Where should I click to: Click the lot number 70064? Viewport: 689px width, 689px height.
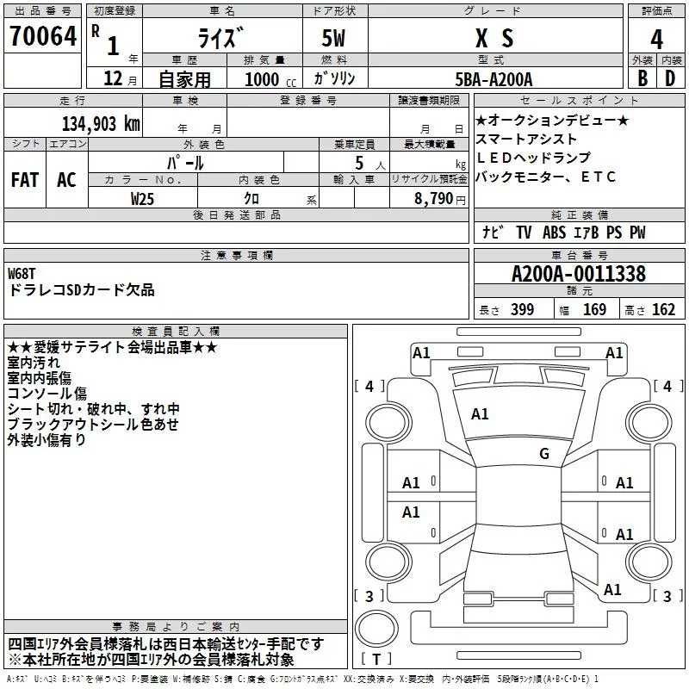(42, 38)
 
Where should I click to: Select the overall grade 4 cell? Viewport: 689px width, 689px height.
(656, 39)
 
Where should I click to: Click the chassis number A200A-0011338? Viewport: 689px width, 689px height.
(578, 275)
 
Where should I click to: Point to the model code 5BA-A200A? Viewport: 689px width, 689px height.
(493, 79)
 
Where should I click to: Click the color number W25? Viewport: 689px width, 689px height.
(143, 199)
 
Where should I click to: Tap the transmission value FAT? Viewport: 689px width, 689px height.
(25, 180)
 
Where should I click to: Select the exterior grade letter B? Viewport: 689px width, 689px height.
(642, 79)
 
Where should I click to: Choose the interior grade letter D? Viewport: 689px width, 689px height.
(670, 79)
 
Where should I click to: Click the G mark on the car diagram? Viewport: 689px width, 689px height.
(544, 454)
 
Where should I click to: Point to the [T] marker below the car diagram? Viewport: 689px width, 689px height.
(376, 659)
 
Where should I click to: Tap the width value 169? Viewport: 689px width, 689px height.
(595, 309)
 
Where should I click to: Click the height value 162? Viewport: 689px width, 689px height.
(664, 309)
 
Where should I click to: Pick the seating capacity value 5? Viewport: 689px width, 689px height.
(357, 162)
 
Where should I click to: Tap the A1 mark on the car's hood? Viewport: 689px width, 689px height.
(480, 414)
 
